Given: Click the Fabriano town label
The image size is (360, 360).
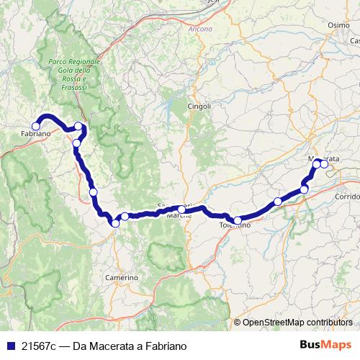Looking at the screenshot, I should [35, 135].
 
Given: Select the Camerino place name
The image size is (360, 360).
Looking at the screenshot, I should [121, 277].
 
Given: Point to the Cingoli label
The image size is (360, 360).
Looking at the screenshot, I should [199, 106].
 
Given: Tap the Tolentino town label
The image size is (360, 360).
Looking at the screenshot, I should [235, 225].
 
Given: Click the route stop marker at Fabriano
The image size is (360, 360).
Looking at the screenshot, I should [35, 126].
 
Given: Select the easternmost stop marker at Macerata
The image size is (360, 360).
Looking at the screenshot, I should [324, 164].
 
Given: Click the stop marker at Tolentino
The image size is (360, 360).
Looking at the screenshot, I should [238, 220].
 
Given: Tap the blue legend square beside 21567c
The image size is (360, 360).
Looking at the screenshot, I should [9, 346].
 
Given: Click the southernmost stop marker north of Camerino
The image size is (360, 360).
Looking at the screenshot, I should [115, 223].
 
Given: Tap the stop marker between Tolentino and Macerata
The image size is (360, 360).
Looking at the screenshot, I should [278, 201].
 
